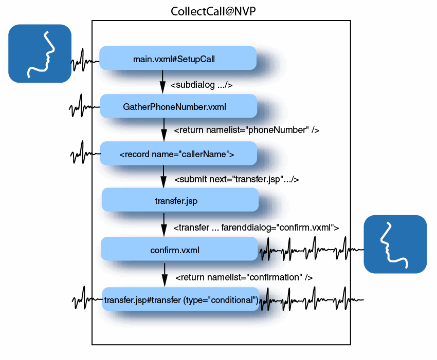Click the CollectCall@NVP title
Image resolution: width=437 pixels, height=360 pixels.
tap(213, 11)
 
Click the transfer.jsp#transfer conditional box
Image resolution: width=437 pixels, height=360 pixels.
tap(181, 299)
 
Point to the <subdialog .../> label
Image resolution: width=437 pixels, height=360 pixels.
tap(201, 85)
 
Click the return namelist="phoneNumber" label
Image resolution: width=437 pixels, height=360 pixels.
tap(247, 130)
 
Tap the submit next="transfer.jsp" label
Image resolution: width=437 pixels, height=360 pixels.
tap(236, 180)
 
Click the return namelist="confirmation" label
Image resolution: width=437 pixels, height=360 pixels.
tap(244, 277)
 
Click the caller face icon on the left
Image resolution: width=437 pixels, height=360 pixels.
tap(40, 53)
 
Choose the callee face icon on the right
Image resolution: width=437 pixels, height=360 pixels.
tap(395, 244)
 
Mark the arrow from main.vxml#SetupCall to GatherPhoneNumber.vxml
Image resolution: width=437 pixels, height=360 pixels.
tap(162, 81)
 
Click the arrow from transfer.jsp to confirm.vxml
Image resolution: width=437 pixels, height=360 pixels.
tap(164, 224)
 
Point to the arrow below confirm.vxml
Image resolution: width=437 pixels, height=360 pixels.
tap(165, 274)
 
